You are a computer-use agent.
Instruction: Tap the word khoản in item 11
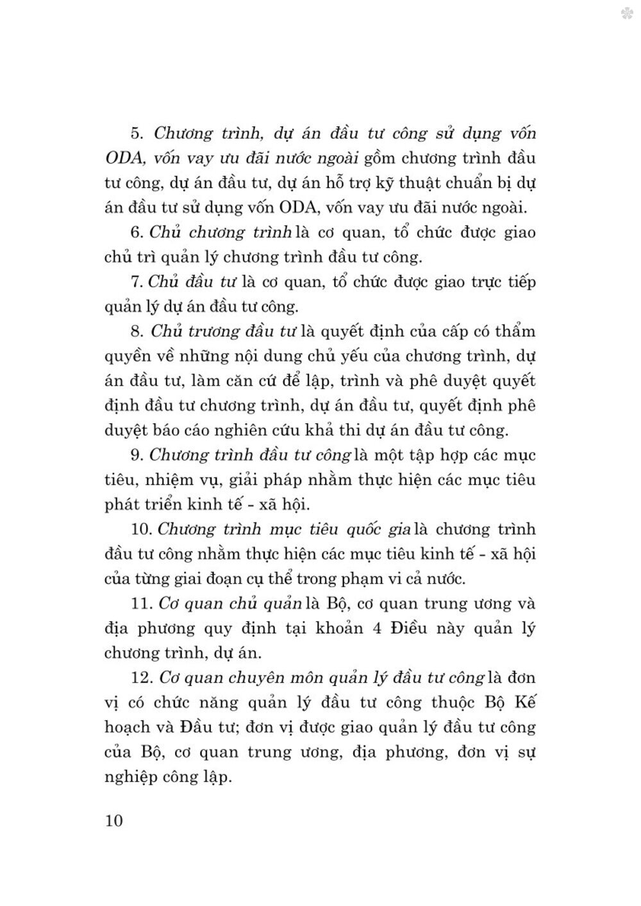[337, 628]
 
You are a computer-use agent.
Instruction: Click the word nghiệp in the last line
[132, 778]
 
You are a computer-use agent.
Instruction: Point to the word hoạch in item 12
[128, 727]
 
